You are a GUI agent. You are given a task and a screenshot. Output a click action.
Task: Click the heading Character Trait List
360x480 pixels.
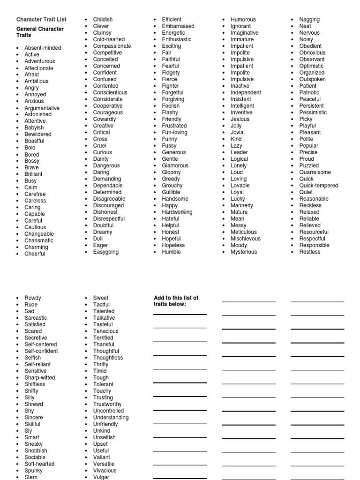click(x=41, y=20)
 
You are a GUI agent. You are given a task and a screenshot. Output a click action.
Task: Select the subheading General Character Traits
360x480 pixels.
click(x=40, y=32)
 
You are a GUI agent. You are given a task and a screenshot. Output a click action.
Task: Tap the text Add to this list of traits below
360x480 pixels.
click(x=176, y=301)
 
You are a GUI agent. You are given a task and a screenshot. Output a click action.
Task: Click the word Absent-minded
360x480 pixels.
click(x=43, y=48)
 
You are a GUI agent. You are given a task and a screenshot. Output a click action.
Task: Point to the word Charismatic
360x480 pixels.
click(x=39, y=240)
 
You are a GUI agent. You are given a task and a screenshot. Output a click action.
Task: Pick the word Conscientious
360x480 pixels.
click(x=110, y=92)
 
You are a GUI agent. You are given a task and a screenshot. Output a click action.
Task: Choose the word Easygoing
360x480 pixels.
click(x=106, y=252)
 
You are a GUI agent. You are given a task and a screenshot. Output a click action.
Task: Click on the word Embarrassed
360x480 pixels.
click(x=178, y=26)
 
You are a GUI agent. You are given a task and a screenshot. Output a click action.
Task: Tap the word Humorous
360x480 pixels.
click(x=243, y=20)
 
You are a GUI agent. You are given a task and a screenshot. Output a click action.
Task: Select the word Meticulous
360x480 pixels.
click(x=244, y=232)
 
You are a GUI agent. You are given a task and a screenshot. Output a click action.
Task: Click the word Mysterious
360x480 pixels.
click(x=244, y=252)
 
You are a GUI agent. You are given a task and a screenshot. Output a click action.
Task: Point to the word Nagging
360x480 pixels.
click(x=309, y=20)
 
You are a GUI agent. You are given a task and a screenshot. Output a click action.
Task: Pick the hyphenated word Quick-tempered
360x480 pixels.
click(x=319, y=185)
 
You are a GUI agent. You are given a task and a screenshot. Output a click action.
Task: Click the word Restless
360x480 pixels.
click(x=310, y=252)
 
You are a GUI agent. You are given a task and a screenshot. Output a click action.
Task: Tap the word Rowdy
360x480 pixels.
click(x=33, y=298)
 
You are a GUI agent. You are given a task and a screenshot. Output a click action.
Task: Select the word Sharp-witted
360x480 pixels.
click(x=40, y=377)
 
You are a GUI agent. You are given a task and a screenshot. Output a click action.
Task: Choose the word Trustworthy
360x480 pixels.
click(x=107, y=404)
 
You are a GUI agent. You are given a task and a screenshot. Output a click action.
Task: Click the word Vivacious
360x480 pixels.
click(x=105, y=470)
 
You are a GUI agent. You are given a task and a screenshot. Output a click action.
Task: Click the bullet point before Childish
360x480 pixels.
click(x=86, y=20)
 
